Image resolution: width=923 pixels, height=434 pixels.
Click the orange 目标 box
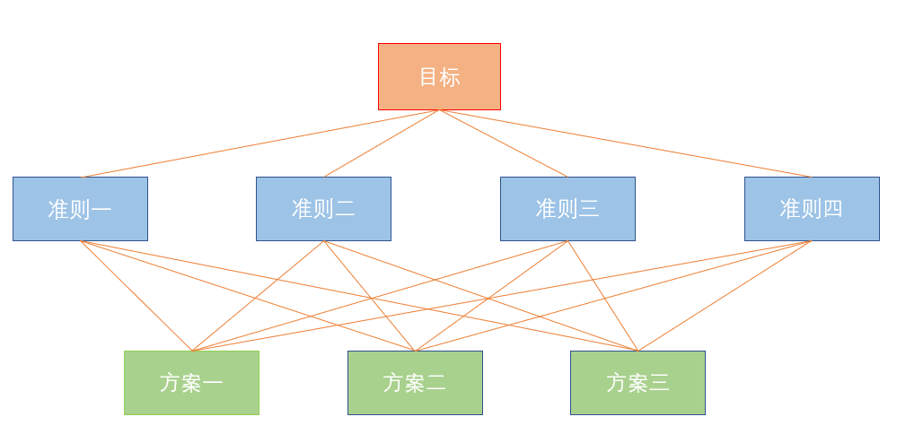pos(439,76)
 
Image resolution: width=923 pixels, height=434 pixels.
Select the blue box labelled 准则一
pos(80,209)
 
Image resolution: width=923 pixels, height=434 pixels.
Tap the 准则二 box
pos(323,209)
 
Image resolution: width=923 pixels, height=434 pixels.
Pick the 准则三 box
pos(567,209)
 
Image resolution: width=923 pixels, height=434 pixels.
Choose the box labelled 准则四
pos(812,209)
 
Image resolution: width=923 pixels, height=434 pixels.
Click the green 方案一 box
pos(191,383)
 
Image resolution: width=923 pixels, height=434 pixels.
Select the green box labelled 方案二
pos(415,383)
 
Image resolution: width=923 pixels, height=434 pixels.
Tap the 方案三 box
pos(637,383)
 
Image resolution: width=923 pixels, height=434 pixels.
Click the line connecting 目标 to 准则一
pos(262,143)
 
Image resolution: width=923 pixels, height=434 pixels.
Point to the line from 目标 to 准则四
pos(625,143)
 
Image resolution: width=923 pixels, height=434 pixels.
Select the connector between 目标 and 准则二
pos(382,143)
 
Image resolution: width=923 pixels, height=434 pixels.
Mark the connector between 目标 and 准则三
pos(503,143)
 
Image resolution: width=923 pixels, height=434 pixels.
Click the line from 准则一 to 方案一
pos(136,296)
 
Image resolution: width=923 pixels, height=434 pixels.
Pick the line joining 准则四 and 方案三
pos(724,296)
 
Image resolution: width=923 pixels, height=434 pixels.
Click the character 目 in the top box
pos(429,77)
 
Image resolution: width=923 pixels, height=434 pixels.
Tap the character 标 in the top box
pos(450,77)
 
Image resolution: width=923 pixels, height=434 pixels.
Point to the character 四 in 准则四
pos(832,209)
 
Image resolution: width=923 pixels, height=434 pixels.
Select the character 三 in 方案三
pos(659,383)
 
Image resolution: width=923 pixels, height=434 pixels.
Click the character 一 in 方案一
pos(213,383)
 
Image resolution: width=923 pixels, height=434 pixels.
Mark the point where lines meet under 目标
pos(439,110)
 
